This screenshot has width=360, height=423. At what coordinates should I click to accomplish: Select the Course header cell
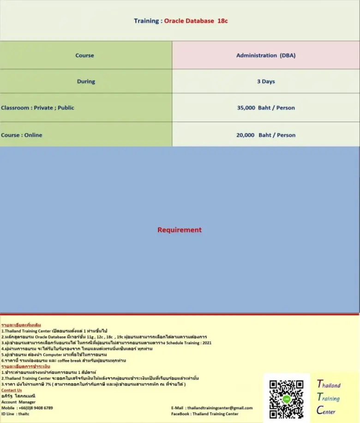[x=84, y=55]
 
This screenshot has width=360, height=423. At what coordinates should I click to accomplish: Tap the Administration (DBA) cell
[x=266, y=55]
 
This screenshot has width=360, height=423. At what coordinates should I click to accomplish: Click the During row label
[x=86, y=81]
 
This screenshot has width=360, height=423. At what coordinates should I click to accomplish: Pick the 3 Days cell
[x=266, y=81]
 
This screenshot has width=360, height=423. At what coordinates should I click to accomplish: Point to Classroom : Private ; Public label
[x=37, y=108]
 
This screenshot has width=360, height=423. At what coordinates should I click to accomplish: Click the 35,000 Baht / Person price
[x=266, y=108]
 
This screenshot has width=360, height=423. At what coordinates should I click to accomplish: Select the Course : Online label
[x=21, y=135]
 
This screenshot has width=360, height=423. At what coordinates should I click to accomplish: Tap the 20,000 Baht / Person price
[x=266, y=135]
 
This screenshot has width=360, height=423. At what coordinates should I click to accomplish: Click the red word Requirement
[x=180, y=230]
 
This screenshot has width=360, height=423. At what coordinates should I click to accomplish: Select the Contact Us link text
[x=12, y=390]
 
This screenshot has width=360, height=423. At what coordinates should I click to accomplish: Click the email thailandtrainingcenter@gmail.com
[x=212, y=408]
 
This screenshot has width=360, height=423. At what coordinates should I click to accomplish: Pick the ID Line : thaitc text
[x=15, y=414]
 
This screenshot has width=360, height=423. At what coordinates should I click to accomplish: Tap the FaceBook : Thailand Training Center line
[x=205, y=414]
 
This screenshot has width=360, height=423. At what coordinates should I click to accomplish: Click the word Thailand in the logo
[x=329, y=385]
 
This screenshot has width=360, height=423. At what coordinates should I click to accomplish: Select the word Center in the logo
[x=326, y=410]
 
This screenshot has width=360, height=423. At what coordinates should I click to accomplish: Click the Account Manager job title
[x=18, y=402]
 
